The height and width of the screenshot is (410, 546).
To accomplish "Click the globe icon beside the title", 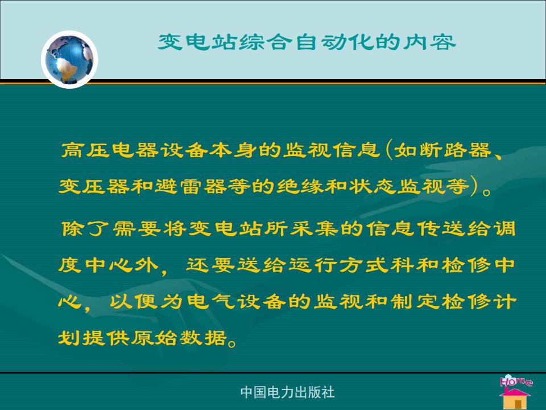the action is point(69,60).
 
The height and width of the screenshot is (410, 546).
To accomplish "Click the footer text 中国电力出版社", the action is point(287,392).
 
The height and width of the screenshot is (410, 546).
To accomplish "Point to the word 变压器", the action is point(94,186).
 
